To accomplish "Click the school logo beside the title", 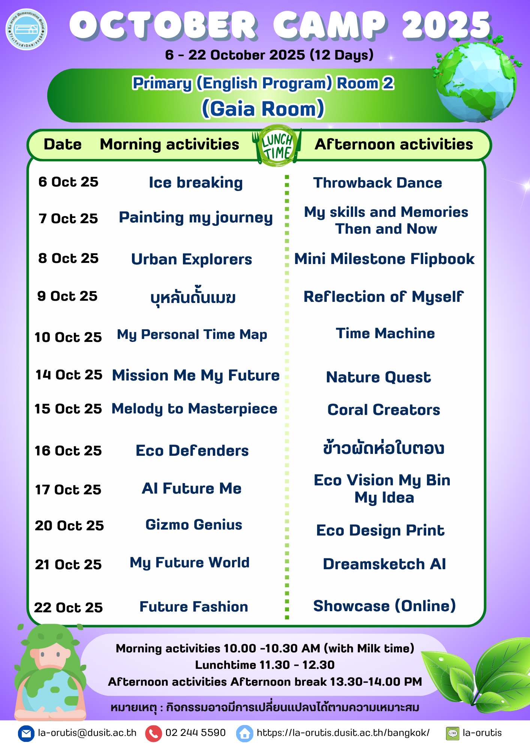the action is tap(27, 29).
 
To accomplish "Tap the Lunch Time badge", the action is tap(277, 146).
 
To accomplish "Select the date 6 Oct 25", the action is tap(68, 182).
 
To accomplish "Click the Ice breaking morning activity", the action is tap(196, 183).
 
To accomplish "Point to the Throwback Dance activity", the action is tap(377, 183).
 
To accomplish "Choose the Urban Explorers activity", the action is tap(192, 259).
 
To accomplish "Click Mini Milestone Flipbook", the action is tap(384, 259).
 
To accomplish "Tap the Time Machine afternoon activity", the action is tap(385, 333).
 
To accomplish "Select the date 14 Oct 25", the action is tap(69, 374).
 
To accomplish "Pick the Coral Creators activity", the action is tap(384, 410).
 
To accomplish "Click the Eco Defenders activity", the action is tap(192, 451).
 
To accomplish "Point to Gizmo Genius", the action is tap(194, 525).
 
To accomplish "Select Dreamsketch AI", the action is tap(385, 564).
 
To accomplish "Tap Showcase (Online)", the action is tap(385, 606).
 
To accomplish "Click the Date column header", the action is tap(63, 144).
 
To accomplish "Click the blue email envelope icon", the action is tap(26, 733).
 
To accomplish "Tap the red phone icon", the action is tap(153, 733).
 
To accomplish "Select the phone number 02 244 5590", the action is tap(195, 733).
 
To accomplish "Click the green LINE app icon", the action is tap(452, 733).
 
